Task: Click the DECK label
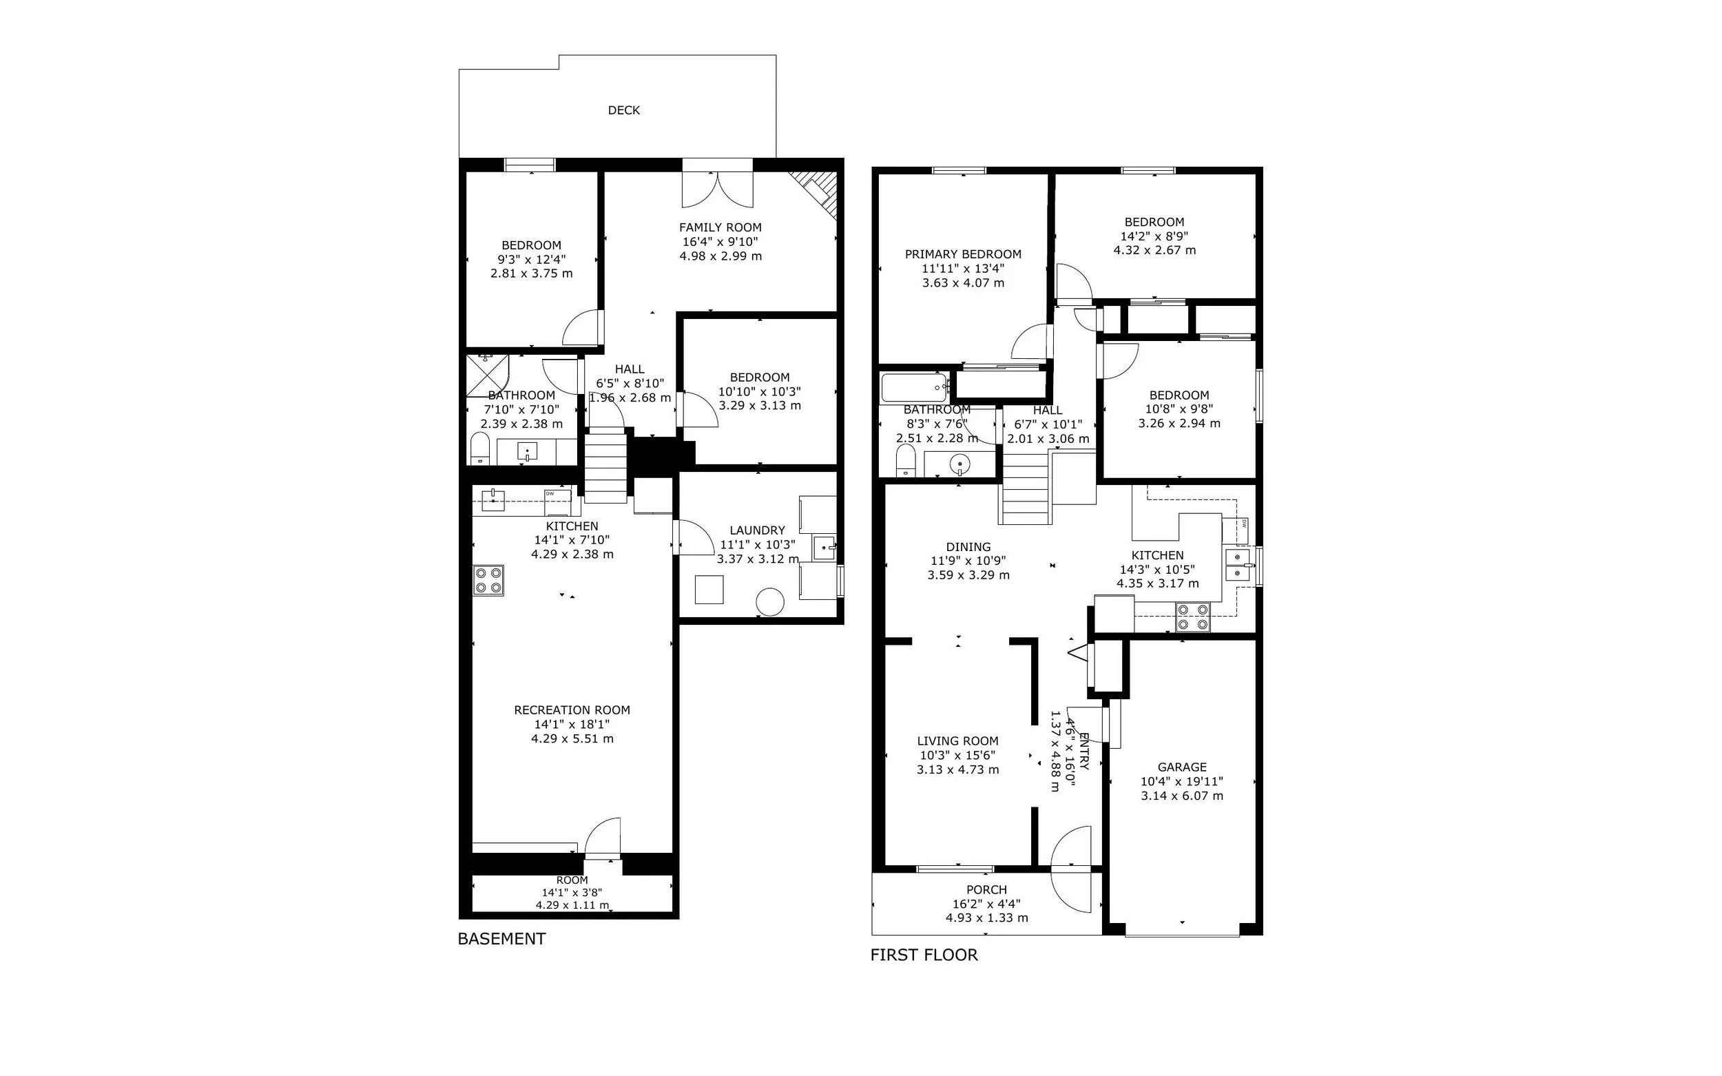coord(623,110)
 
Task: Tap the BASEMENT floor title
coord(501,939)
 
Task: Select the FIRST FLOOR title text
coord(924,955)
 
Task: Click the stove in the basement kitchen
coord(488,580)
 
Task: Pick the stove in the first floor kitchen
coord(1192,617)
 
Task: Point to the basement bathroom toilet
coord(480,450)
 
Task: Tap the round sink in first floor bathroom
coord(959,465)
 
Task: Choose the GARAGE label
coord(1182,767)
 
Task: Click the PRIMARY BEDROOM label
coord(963,254)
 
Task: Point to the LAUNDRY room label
coord(757,530)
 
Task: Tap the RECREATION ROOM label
coord(572,710)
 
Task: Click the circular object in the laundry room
coord(770,602)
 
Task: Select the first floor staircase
coord(1026,488)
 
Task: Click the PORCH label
coord(986,889)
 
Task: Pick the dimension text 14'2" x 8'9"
coord(1154,236)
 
